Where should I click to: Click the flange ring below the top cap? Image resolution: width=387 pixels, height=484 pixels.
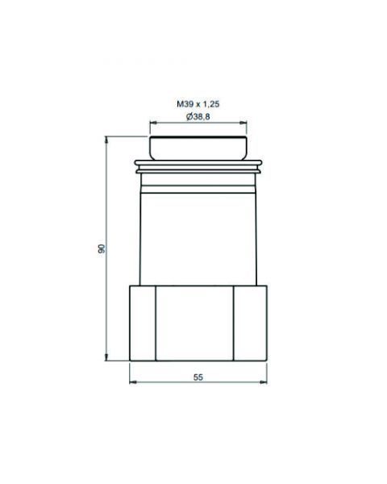tap(198, 168)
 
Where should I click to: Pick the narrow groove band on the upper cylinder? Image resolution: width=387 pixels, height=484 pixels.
tap(198, 182)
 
